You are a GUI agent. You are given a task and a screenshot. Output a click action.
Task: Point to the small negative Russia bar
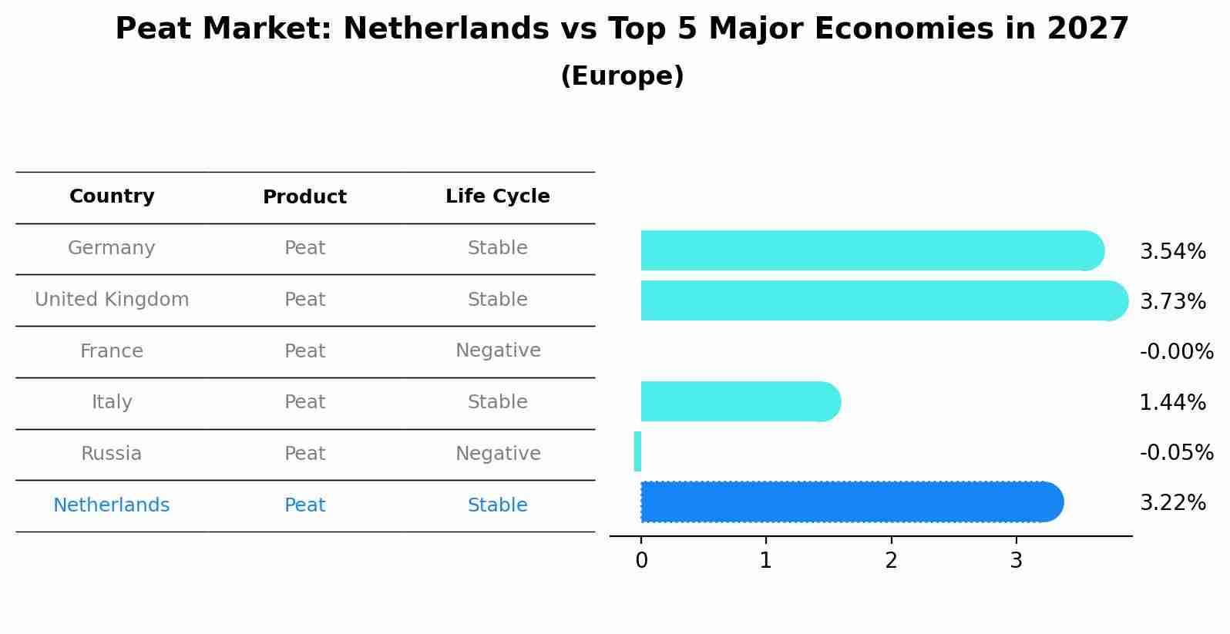pos(637,451)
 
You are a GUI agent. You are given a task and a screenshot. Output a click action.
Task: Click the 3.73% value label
pos(1172,302)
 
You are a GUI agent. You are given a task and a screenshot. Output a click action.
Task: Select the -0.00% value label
pos(1176,352)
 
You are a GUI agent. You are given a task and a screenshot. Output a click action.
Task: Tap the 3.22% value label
pos(1172,503)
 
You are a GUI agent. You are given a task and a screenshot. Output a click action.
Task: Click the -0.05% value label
pos(1176,453)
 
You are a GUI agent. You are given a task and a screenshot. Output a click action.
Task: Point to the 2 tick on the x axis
pos(891,561)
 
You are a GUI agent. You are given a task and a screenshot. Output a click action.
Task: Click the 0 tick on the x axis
pos(641,561)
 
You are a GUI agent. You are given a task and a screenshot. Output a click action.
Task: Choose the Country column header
pos(112,196)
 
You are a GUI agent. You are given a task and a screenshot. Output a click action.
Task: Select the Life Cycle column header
pos(497,196)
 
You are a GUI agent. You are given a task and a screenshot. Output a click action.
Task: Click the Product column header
pos(304,197)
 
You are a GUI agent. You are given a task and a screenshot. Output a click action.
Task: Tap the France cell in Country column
pos(112,351)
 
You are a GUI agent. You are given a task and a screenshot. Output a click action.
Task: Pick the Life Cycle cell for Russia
pos(498,454)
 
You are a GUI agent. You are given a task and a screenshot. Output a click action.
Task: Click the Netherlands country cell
pos(112,505)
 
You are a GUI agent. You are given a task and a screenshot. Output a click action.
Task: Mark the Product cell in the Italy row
pos(304,402)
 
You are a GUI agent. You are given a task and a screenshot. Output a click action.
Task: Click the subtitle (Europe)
pos(622,76)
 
